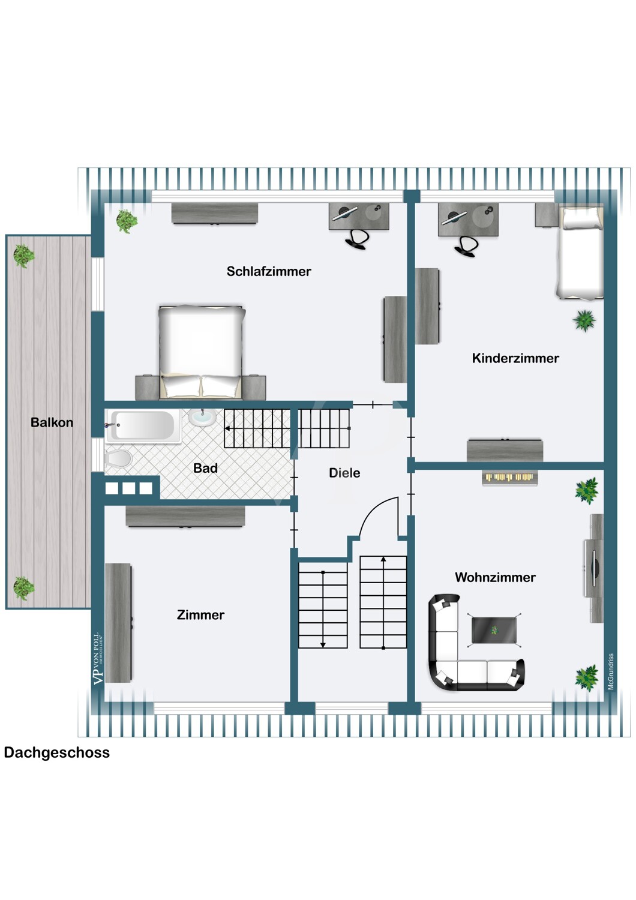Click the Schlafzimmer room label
pyautogui.click(x=269, y=272)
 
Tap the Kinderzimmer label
pyautogui.click(x=515, y=358)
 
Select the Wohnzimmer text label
pyautogui.click(x=495, y=577)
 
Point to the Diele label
pyautogui.click(x=344, y=473)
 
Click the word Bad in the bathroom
pyautogui.click(x=205, y=468)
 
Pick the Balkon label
pyautogui.click(x=52, y=422)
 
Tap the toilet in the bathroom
pyautogui.click(x=118, y=458)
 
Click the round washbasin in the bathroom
pyautogui.click(x=202, y=417)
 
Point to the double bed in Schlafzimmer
pyautogui.click(x=201, y=352)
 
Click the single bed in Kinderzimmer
pyautogui.click(x=580, y=253)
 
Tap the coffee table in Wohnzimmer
pyautogui.click(x=494, y=631)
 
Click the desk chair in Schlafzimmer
pyautogui.click(x=356, y=239)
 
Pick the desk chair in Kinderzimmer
pyautogui.click(x=466, y=245)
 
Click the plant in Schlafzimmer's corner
pyautogui.click(x=127, y=221)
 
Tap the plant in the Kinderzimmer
pyautogui.click(x=584, y=320)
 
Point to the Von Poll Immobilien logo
pyautogui.click(x=98, y=659)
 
